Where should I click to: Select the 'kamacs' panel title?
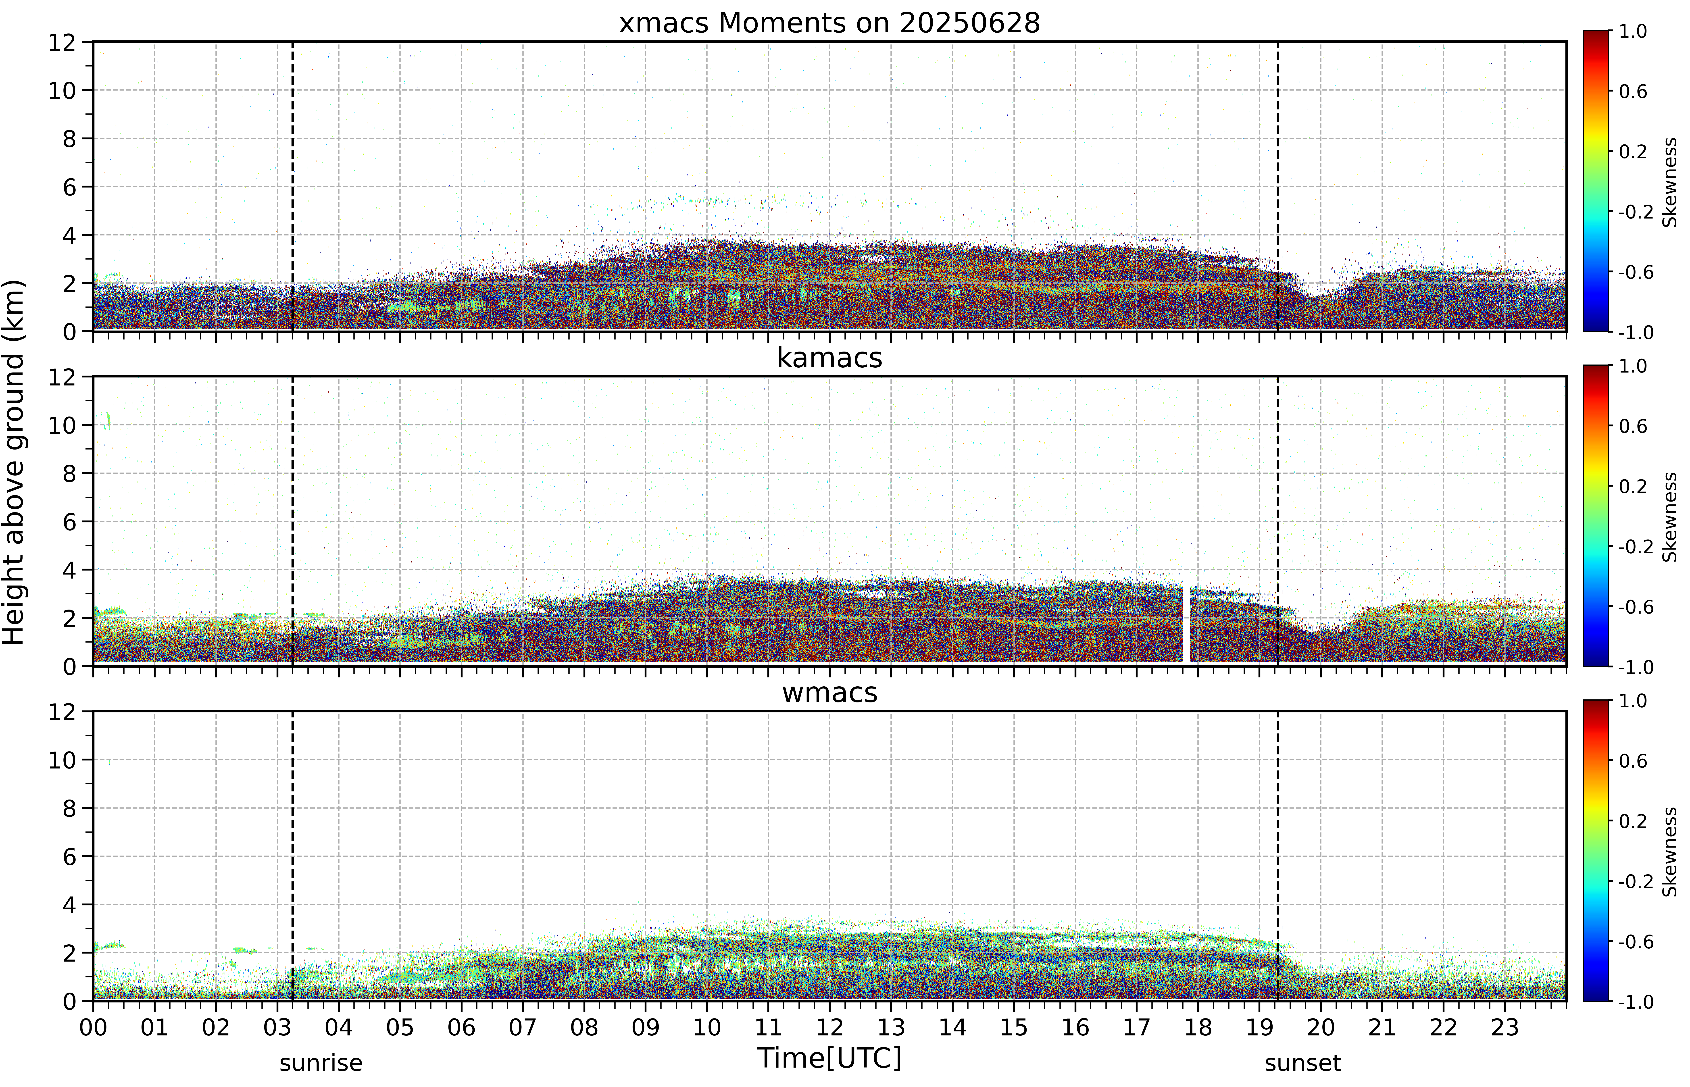coord(829,358)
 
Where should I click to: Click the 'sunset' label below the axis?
coord(1302,1062)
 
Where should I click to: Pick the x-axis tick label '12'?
coord(829,1027)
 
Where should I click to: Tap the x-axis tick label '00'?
coord(93,1027)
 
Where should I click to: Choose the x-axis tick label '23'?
coord(1504,1027)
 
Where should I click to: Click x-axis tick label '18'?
coord(1198,1027)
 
